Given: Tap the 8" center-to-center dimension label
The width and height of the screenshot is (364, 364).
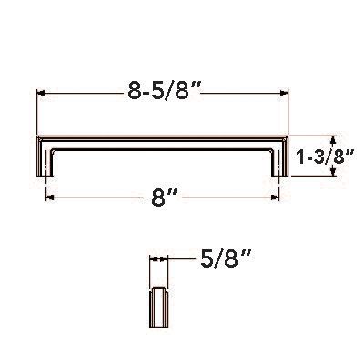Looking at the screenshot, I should point(166,197).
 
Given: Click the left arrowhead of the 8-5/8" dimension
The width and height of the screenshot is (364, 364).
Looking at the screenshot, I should point(40,92).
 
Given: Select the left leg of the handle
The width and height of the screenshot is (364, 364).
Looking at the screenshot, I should point(42,159).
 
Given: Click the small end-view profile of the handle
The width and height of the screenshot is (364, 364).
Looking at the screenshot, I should point(158,309).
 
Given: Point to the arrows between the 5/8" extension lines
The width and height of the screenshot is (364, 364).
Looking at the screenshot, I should point(158,259).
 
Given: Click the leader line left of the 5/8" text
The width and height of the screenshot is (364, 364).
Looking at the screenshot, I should point(182,259).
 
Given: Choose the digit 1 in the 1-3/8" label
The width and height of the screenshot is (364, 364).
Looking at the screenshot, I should point(301,157).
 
